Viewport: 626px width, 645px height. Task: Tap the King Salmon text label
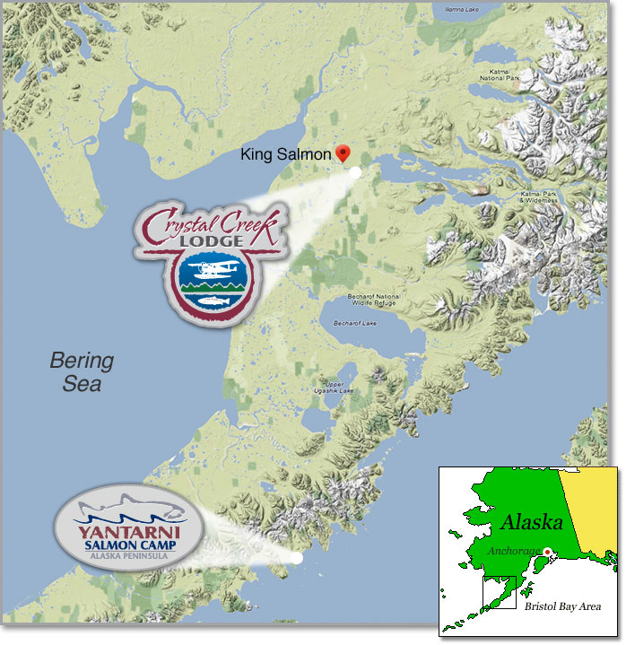[x=286, y=155]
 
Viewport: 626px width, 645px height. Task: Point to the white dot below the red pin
[x=356, y=171]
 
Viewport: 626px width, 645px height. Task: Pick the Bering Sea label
[x=82, y=372]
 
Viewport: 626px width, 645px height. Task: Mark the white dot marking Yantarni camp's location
[x=296, y=557]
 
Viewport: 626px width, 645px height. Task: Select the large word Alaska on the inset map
[x=532, y=522]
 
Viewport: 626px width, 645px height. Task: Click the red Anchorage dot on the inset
[x=546, y=552]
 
